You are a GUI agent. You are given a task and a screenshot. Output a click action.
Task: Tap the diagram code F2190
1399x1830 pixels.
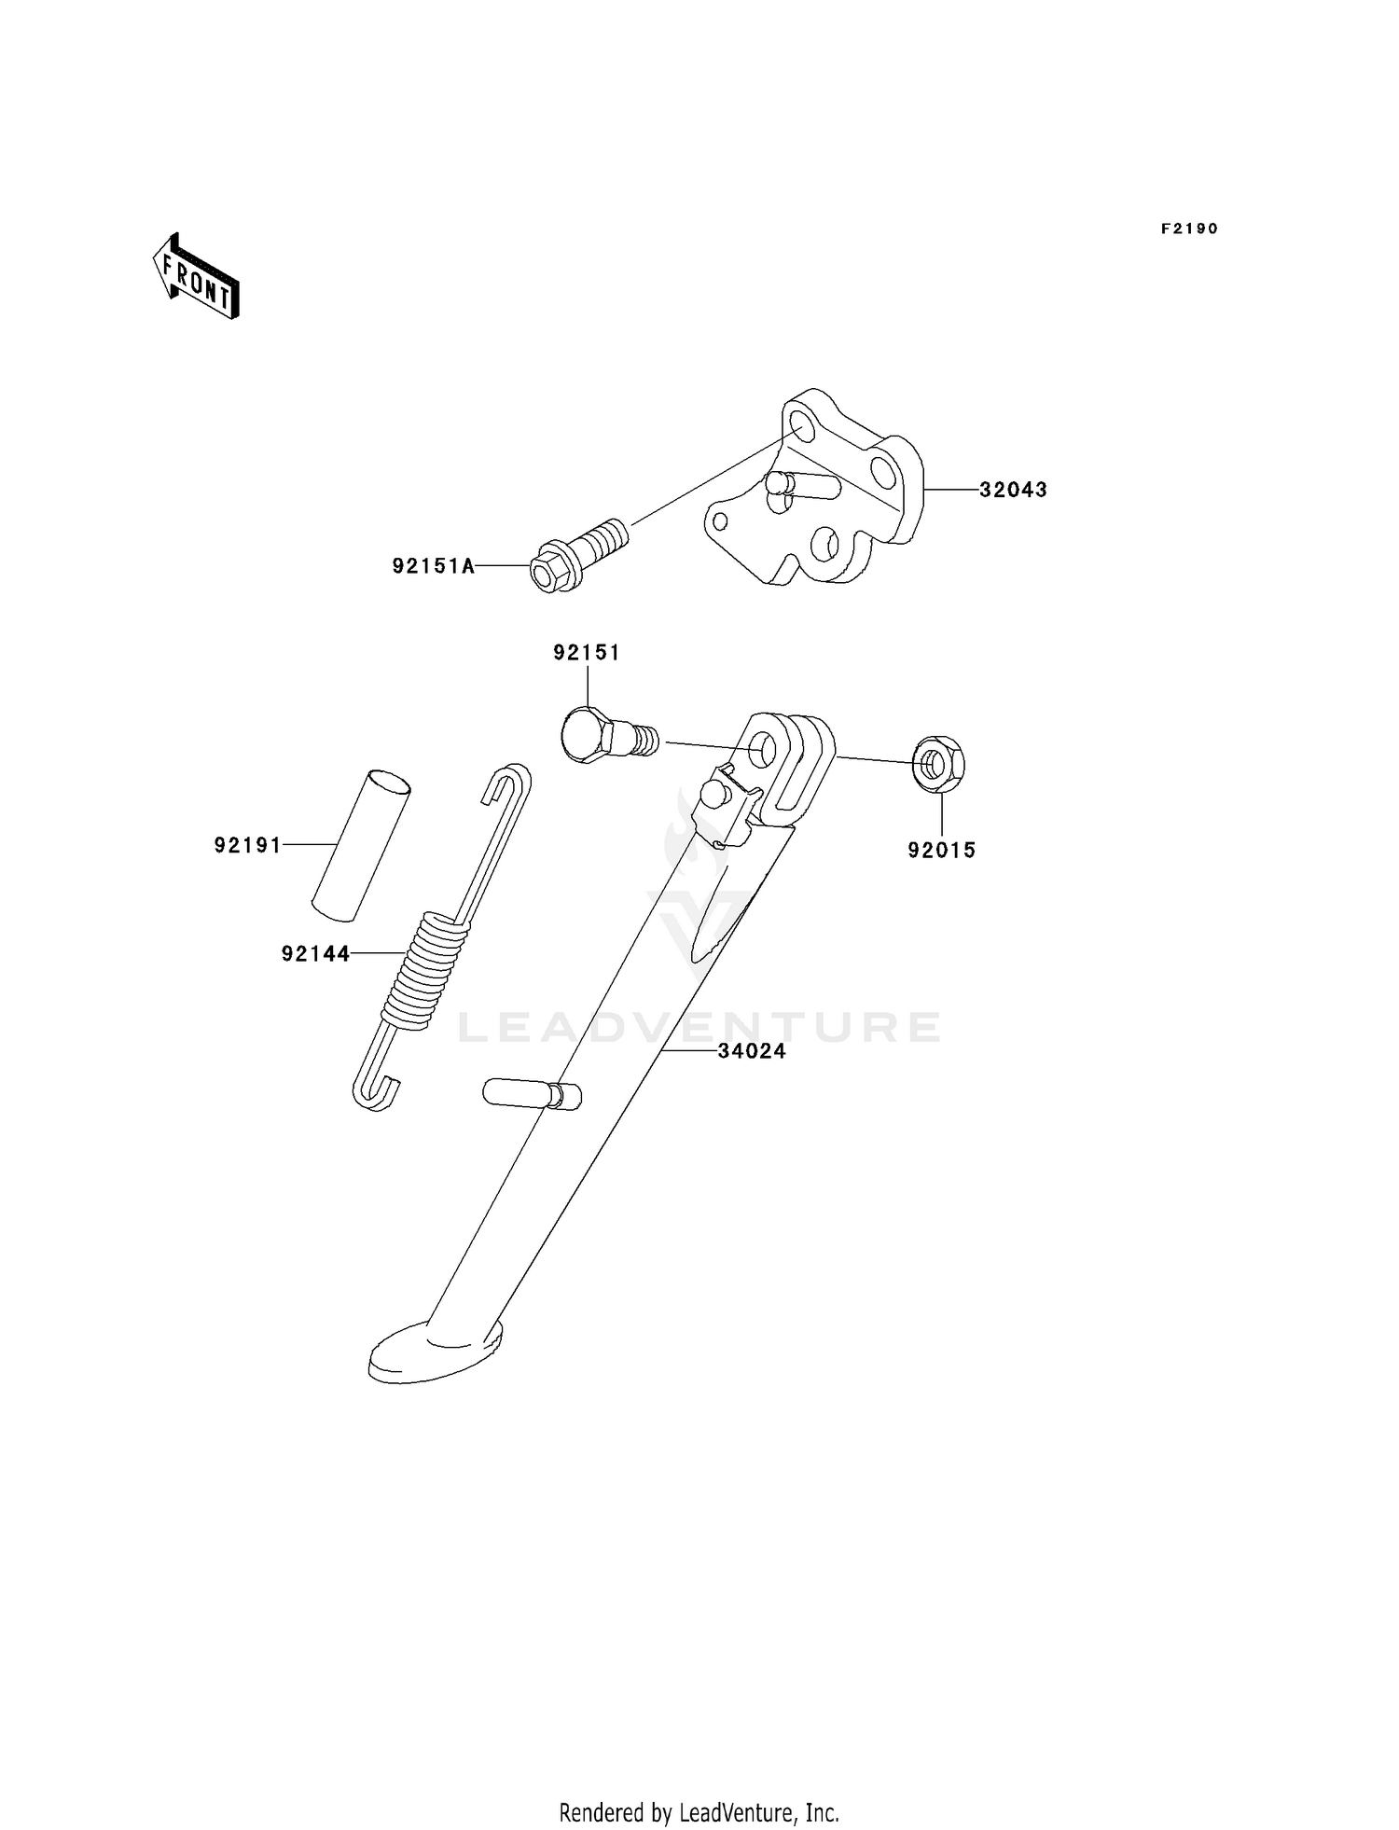tap(1189, 229)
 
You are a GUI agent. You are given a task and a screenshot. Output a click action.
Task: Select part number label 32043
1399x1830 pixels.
tap(1013, 490)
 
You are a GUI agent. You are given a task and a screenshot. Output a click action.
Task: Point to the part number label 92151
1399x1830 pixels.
tap(587, 653)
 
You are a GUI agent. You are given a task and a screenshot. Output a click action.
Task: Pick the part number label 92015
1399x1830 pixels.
tap(942, 850)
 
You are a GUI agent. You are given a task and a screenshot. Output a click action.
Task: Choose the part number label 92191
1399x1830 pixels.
tap(247, 845)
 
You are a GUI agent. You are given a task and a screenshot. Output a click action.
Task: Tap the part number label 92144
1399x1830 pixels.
tap(315, 953)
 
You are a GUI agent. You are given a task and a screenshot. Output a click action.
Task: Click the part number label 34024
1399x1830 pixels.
tap(752, 1051)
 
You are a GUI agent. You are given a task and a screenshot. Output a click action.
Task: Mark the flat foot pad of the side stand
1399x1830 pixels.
tap(435, 1351)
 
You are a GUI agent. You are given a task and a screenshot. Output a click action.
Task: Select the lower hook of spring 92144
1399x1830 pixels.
tap(376, 1091)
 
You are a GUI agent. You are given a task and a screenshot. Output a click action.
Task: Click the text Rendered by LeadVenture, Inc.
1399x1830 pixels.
tap(699, 1812)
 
